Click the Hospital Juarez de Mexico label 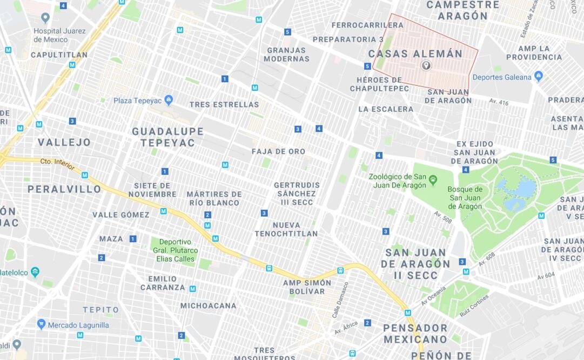coord(59,35)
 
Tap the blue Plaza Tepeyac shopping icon coord(169,100)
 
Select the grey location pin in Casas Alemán coord(426,65)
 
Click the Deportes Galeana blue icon coord(538,76)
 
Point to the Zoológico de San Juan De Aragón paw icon coord(433,178)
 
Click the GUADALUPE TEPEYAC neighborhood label coord(167,137)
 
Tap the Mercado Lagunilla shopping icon coord(41,324)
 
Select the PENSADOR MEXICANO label coord(415,334)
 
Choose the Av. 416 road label coord(499,102)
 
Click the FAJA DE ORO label coord(278,151)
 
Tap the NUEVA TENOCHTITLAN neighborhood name coord(286,229)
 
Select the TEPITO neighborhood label coord(100,310)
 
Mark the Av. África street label coord(346,327)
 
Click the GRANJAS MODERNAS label coord(286,54)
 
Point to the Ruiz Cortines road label coord(474,305)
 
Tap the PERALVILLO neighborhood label coord(64,189)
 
